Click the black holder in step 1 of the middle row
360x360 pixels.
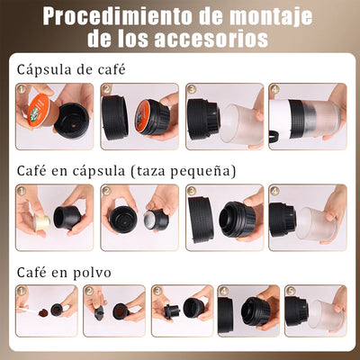tap(67, 217)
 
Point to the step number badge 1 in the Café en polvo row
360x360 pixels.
tap(21, 292)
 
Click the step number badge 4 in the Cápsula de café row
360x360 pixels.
tap(274, 90)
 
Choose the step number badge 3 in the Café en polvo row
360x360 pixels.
tap(157, 292)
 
